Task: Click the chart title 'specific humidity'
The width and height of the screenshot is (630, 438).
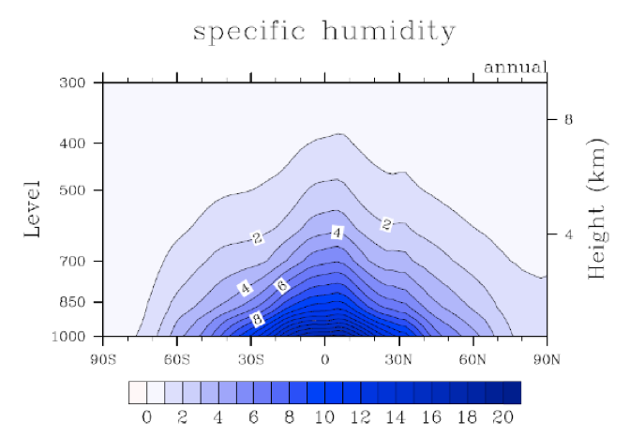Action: pos(323,31)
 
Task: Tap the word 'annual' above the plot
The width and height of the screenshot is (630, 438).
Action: pos(515,68)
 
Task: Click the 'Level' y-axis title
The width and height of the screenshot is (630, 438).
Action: pos(32,208)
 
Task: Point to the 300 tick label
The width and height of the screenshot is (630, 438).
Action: pos(75,83)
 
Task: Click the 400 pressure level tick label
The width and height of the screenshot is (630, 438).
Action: pos(75,143)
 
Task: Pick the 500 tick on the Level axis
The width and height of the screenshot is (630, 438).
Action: pos(75,190)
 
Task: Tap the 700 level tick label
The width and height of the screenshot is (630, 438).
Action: pos(75,261)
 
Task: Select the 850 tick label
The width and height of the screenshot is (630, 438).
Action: pos(75,303)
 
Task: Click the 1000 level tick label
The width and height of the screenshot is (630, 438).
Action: pos(71,336)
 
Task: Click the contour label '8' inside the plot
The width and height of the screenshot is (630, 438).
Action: pos(257,320)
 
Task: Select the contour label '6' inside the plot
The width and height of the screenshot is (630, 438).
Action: pos(281,285)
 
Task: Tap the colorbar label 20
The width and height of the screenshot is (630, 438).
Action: pos(503,417)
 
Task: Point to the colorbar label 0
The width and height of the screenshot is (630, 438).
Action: pos(146,417)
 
